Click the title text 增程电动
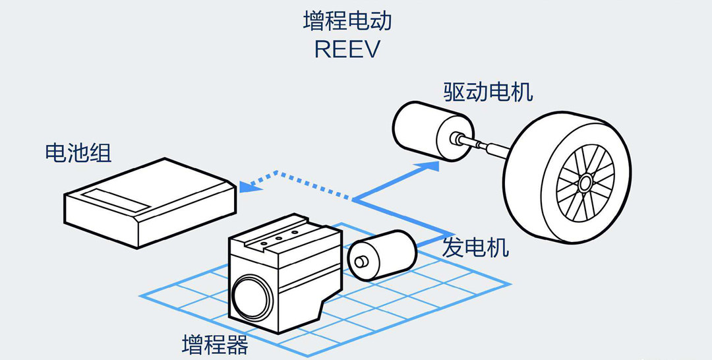347,21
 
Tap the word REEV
347,49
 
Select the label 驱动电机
488,92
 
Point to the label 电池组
78,152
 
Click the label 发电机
475,247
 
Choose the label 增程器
215,345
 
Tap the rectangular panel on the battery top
115,200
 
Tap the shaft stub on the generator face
361,262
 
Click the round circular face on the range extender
252,298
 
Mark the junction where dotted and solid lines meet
354,199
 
